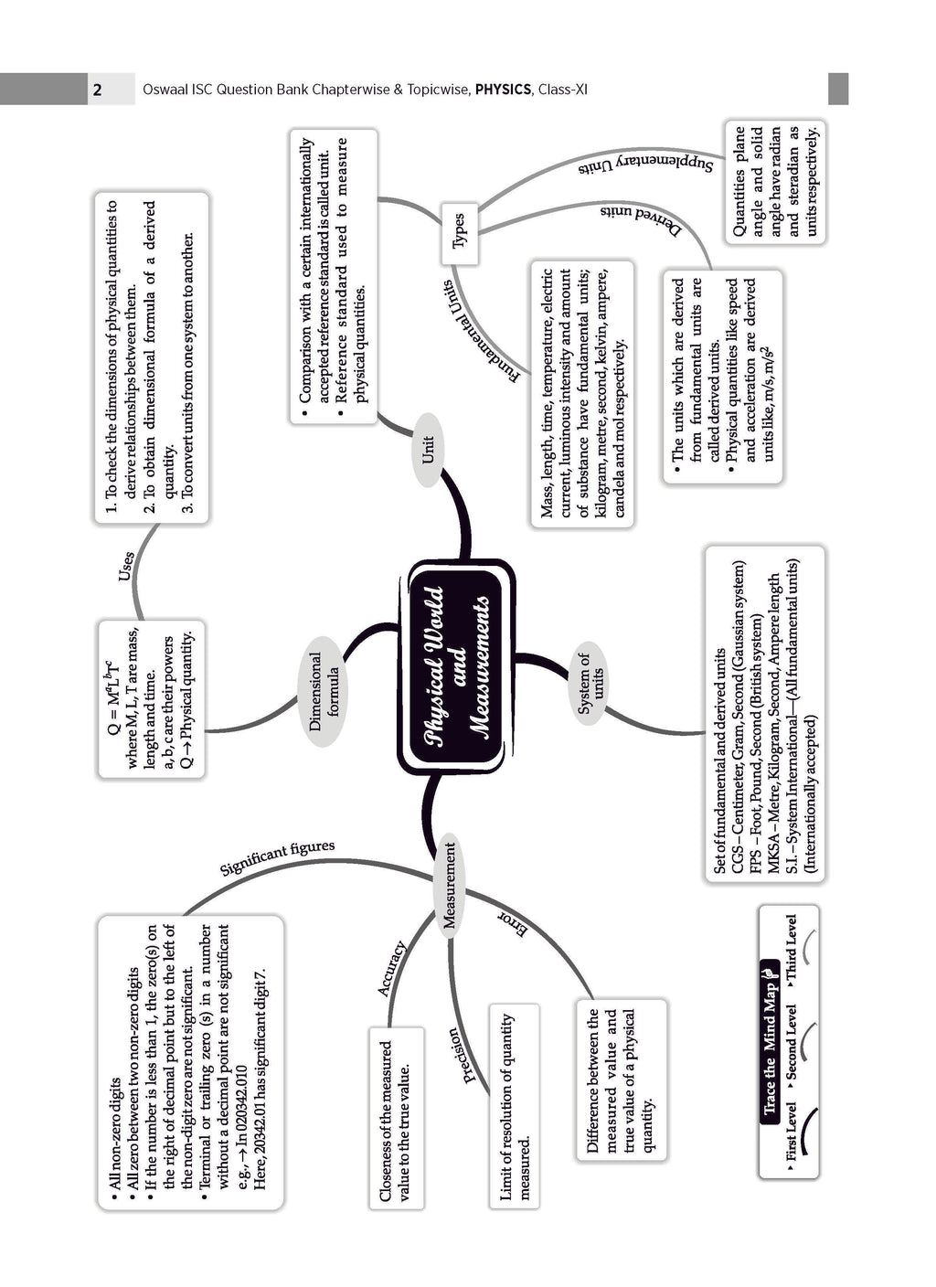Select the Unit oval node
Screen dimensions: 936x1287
[427, 450]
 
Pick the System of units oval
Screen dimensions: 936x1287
[590, 683]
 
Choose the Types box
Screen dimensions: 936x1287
[459, 234]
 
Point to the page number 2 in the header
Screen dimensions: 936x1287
[97, 90]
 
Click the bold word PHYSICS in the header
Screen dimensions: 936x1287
[503, 90]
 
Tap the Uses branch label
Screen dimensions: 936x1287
[126, 566]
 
